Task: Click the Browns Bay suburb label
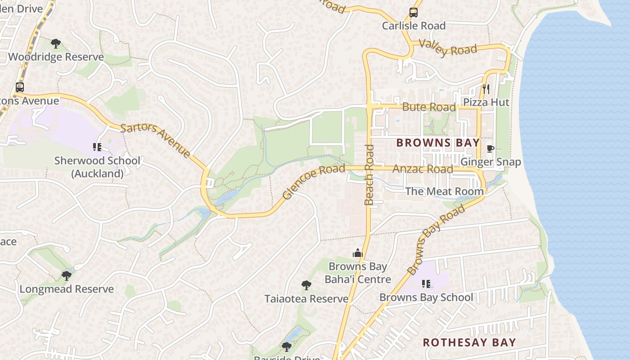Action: coord(438,143)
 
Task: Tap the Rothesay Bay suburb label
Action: coord(469,342)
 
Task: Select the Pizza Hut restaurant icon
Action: coord(486,89)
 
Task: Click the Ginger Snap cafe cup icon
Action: coord(490,148)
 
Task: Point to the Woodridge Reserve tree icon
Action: coord(56,44)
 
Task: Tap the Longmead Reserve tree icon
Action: coord(67,275)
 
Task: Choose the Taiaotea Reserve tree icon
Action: coord(306,285)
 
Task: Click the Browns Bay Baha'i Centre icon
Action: coord(358,253)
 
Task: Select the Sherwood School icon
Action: coord(97,147)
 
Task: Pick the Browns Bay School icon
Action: coord(426,283)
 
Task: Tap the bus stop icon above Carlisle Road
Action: coord(413,13)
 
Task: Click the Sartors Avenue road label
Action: coord(156,140)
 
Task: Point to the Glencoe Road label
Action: coord(314,182)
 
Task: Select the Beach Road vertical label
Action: coord(369,175)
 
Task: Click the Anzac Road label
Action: coord(423,169)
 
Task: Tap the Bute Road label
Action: coord(428,107)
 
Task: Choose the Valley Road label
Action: coord(447,48)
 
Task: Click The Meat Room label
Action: coord(444,191)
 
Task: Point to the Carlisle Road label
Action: coord(414,26)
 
